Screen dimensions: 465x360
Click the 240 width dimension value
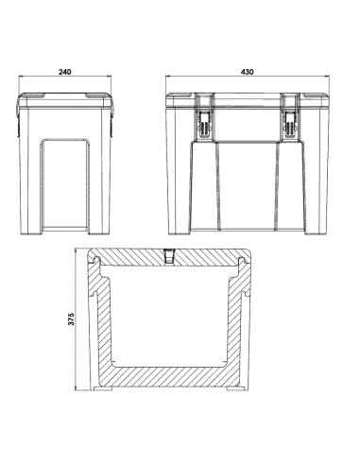[64, 72]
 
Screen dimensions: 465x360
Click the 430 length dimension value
[248, 72]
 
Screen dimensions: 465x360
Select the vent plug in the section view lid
[170, 256]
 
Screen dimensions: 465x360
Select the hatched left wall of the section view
[97, 331]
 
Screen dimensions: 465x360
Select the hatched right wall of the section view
[242, 331]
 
